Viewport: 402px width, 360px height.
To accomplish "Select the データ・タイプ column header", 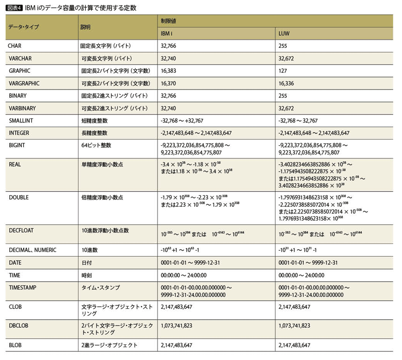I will tap(24, 27).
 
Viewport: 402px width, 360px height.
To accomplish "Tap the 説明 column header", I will tap(85, 27).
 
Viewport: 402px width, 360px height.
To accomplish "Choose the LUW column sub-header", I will tap(284, 33).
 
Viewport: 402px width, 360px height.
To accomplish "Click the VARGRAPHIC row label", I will tap(24, 83).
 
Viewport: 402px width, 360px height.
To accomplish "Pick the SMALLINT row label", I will tap(21, 121).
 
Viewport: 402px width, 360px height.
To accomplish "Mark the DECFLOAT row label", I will tap(21, 230).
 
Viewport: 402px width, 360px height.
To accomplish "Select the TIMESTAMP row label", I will tap(22, 288).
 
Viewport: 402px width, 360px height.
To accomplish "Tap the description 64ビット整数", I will tap(96, 146).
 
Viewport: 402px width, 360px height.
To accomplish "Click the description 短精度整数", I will tap(94, 121).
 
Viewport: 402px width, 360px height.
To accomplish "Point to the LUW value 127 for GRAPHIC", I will tap(282, 71).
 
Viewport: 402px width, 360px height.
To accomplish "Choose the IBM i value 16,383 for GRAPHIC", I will tap(169, 71).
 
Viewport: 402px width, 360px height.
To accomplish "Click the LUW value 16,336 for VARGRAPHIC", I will tap(286, 83).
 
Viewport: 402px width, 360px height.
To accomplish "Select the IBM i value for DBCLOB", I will tap(176, 326).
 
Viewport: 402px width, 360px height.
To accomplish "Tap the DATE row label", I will tap(15, 263).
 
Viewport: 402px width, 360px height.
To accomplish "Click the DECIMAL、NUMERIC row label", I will tap(33, 250).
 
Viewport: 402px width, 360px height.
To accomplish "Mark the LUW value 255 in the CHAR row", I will tap(282, 46).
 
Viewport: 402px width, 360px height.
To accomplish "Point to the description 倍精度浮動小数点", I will tap(102, 197).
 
